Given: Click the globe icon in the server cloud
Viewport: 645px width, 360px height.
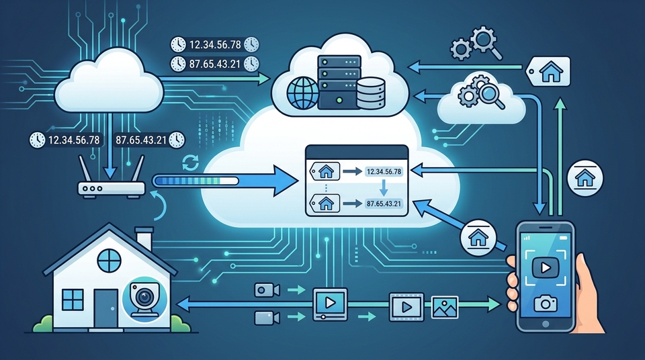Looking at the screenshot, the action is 303,94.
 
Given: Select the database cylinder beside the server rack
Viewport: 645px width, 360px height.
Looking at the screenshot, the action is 371,93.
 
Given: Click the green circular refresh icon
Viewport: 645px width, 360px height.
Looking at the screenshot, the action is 190,163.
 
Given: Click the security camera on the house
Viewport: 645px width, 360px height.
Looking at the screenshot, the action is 144,298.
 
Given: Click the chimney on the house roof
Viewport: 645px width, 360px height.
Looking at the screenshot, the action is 144,238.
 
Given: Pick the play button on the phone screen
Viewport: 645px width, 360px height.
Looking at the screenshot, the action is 545,268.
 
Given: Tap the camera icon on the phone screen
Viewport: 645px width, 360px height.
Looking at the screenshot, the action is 545,304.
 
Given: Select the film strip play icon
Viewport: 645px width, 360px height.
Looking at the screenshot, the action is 406,306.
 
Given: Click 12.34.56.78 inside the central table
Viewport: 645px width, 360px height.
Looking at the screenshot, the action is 384,171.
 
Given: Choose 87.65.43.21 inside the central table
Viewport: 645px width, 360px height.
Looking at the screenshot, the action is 384,204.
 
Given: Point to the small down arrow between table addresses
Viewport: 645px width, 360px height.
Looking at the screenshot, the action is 384,187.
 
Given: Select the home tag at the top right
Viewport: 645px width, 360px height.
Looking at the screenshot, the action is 549,72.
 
